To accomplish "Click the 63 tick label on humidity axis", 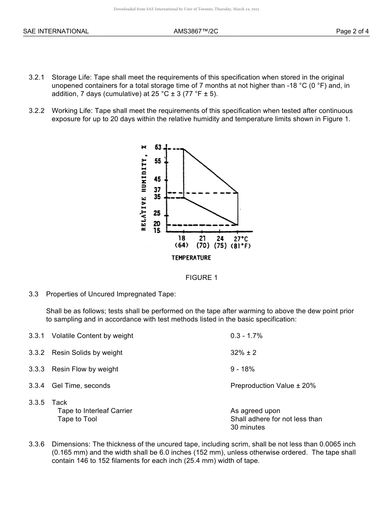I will click(x=158, y=148).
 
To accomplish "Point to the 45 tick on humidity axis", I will click(x=158, y=180).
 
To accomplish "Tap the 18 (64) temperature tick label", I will click(x=182, y=242).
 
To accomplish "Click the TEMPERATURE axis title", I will click(x=191, y=258).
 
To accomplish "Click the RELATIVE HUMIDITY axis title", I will click(x=144, y=188).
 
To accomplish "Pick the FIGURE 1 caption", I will click(x=201, y=277).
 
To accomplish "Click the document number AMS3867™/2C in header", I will click(x=196, y=31).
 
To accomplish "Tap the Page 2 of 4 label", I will click(x=352, y=31).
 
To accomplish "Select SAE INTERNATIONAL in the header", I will click(x=56, y=31).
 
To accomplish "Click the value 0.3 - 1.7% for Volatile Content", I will click(x=246, y=336).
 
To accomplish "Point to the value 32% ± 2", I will click(x=243, y=352).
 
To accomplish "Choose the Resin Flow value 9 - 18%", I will click(x=243, y=369).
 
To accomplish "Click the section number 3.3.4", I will click(x=36, y=385).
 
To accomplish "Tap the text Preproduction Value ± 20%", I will click(x=273, y=385).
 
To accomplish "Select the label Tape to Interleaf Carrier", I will click(x=95, y=411).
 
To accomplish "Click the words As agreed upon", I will click(x=255, y=411).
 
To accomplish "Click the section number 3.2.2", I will click(x=36, y=110).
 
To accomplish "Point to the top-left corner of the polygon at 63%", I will click(x=184, y=149).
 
